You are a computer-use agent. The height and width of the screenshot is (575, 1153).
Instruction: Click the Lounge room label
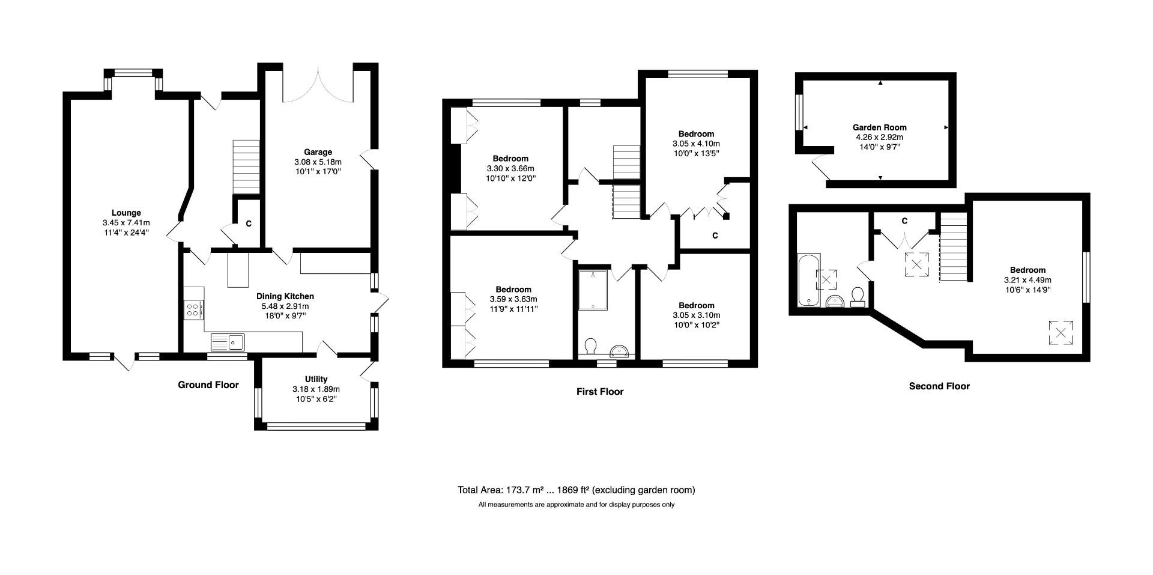(126, 213)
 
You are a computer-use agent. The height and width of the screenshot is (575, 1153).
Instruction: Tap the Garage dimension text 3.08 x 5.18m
(318, 162)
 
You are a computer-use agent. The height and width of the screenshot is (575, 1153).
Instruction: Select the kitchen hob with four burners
(193, 311)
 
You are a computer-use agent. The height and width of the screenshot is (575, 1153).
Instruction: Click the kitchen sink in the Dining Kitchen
(228, 342)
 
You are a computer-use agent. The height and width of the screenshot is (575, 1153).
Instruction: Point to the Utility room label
(316, 379)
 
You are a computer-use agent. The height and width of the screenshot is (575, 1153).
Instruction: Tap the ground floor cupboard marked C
(248, 224)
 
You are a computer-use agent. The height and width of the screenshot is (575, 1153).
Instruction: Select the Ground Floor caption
(208, 385)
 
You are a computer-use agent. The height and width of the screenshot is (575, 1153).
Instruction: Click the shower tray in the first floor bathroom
(593, 290)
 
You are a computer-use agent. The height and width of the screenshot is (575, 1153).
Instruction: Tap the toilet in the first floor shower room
(590, 347)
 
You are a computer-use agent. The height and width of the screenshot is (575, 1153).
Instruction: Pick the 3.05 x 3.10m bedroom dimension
(696, 315)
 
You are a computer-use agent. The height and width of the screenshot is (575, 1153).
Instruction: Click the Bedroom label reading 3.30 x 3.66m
(510, 159)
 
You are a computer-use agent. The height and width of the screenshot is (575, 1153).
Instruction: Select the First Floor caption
(600, 392)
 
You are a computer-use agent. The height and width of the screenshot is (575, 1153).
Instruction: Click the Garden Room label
(879, 127)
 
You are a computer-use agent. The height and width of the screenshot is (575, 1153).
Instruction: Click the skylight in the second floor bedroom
(1060, 333)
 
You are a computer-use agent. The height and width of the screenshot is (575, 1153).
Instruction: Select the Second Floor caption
(939, 386)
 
